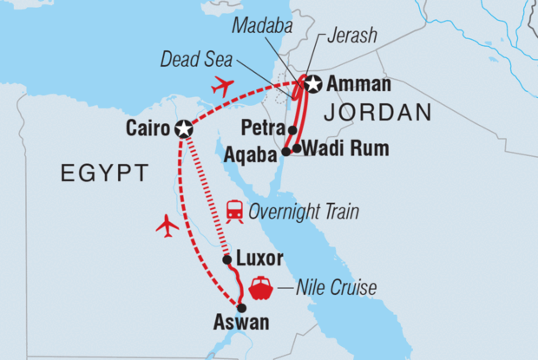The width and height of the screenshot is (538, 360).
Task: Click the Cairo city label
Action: tap(147, 128)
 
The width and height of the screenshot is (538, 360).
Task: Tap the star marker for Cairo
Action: tap(184, 128)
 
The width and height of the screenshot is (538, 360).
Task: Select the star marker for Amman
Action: tap(312, 84)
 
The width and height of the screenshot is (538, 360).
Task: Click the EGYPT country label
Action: tap(101, 174)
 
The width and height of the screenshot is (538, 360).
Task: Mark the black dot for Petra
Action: tap(292, 132)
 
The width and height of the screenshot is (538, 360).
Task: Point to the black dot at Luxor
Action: tap(226, 259)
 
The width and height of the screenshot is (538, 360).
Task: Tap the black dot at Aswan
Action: tap(242, 308)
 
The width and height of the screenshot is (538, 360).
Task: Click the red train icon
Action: tap(234, 211)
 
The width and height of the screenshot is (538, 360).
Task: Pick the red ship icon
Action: tap(261, 287)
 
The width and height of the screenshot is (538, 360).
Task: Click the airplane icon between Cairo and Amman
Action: tap(222, 86)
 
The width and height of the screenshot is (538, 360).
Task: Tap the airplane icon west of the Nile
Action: tap(167, 226)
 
